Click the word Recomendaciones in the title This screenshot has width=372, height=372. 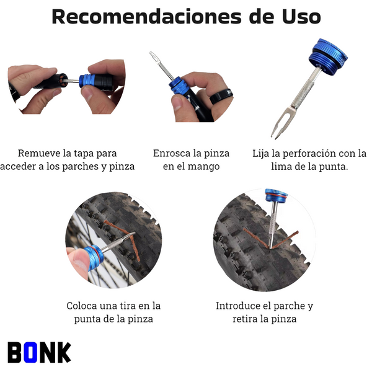[146, 17]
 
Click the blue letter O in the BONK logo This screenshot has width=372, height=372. [31, 352]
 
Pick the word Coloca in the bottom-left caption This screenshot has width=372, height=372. [81, 306]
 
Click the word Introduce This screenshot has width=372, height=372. [241, 306]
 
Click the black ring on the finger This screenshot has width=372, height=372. [221, 97]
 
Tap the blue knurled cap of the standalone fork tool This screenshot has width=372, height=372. [329, 57]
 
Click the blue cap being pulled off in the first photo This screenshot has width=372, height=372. [87, 81]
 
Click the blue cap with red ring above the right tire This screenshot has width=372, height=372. [276, 195]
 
